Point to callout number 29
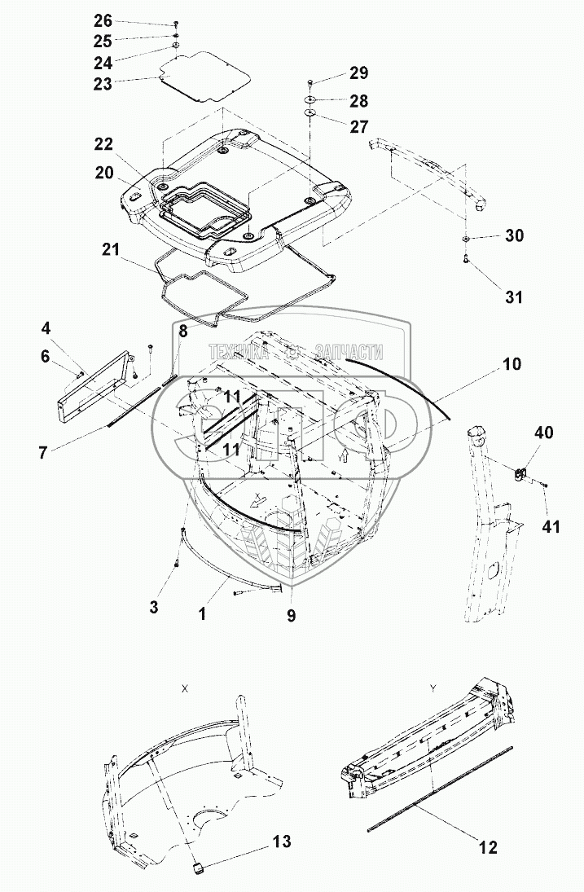358,73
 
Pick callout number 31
513,297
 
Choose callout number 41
552,527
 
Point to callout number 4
46,329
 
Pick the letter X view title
185,688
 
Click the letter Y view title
433,688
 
